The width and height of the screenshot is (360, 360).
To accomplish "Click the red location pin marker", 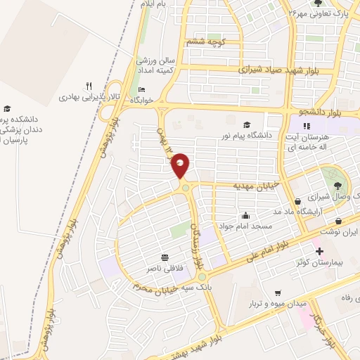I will (x=181, y=165).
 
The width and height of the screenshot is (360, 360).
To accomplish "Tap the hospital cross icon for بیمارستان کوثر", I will (x=319, y=251).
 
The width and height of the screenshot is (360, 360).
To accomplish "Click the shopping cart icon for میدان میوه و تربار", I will (x=278, y=292).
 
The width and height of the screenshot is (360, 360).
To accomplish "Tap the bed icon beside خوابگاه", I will (x=141, y=90).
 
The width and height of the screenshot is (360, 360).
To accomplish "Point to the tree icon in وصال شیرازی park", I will (x=338, y=186).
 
